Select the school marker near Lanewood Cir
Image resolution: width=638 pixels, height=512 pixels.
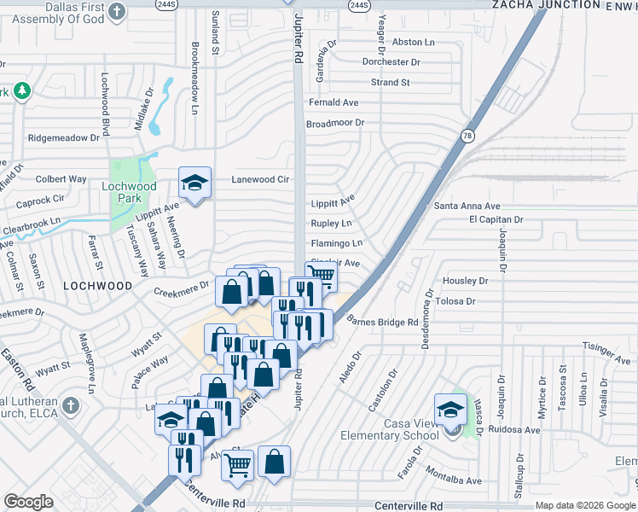click(x=194, y=183)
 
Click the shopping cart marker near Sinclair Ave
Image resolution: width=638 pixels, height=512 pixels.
click(x=320, y=275)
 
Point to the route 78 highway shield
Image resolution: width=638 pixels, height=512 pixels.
click(x=467, y=136)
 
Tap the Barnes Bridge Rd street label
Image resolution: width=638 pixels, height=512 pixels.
click(x=383, y=322)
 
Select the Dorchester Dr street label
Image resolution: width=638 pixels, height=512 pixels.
click(x=391, y=62)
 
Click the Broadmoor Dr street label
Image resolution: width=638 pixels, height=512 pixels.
click(x=335, y=123)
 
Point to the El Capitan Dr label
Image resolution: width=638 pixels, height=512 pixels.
click(x=496, y=219)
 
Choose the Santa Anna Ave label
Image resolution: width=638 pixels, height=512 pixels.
click(x=467, y=206)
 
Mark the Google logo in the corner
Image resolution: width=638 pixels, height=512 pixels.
click(x=28, y=502)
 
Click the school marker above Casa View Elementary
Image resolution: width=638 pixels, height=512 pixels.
click(x=449, y=409)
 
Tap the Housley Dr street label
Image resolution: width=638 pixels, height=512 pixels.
click(x=465, y=281)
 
